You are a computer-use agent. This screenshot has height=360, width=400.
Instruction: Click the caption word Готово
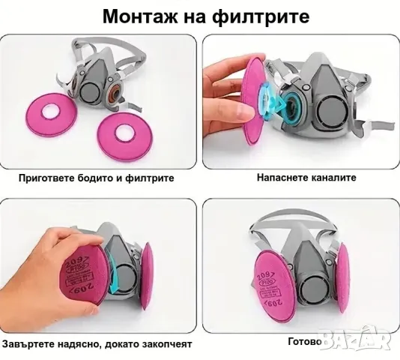[305, 341]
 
